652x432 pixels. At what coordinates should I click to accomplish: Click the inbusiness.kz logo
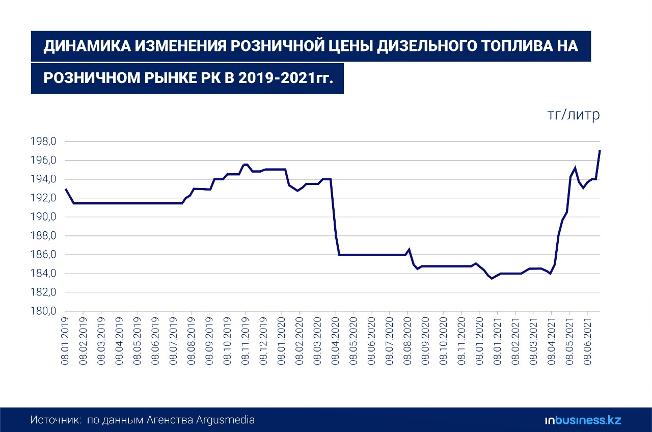tap(583, 420)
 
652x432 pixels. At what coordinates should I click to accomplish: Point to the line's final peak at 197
tap(600, 151)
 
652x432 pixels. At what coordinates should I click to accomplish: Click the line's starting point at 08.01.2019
tap(66, 189)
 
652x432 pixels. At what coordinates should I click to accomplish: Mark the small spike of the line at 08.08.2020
tap(409, 249)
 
